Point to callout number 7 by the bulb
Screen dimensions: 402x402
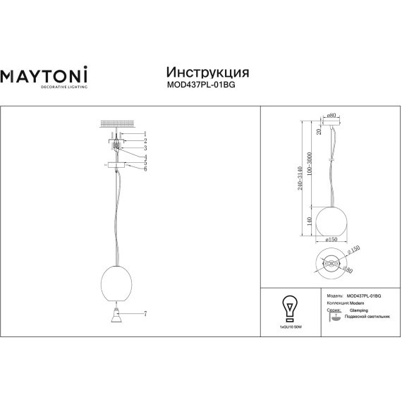[145, 313]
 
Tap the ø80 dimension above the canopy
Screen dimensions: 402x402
[331, 115]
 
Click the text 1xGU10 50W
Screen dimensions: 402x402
[288, 328]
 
